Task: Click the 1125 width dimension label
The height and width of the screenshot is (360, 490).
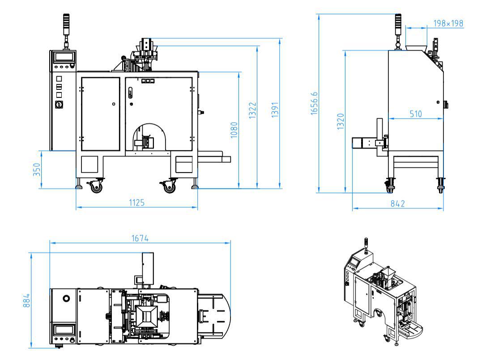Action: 137,203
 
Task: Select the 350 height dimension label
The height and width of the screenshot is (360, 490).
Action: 37,169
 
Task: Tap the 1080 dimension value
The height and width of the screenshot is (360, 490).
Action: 234,130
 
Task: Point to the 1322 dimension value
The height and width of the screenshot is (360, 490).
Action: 252,110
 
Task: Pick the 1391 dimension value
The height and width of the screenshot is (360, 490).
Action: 275,110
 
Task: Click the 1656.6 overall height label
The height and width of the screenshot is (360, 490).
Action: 314,104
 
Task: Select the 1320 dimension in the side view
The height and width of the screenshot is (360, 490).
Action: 340,122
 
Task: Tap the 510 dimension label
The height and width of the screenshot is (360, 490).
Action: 416,114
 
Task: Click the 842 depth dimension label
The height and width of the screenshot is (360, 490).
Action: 397,204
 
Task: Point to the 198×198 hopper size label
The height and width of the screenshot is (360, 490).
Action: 448,23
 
